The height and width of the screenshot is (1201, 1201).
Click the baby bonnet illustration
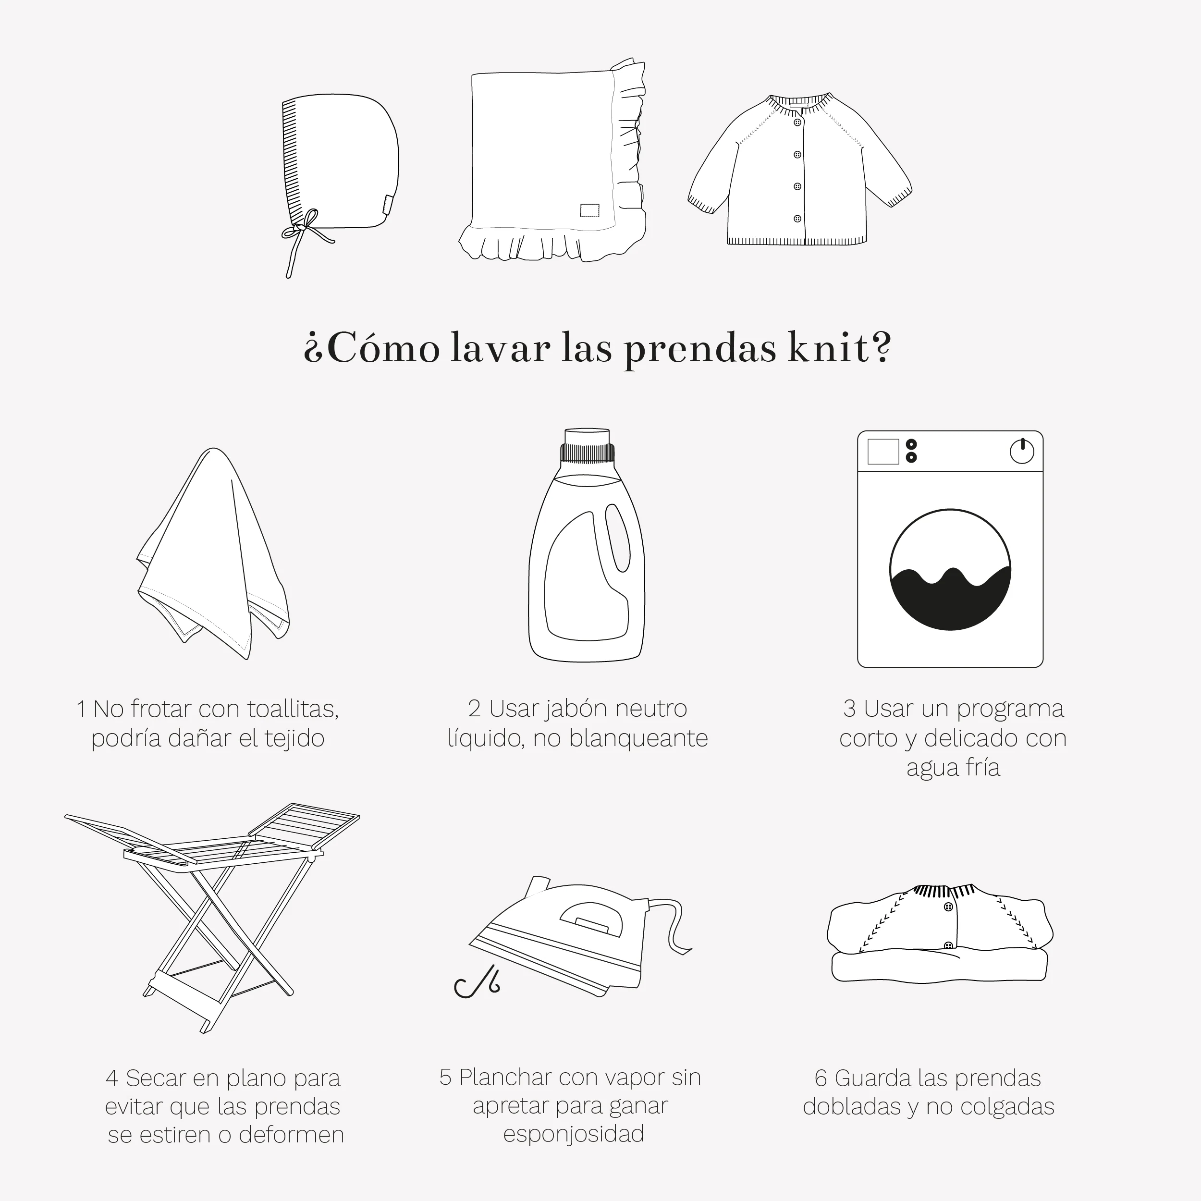pos(339,168)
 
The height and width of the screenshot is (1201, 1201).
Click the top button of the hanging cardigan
pos(797,123)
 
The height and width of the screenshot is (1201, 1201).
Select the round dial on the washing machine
pos(1022,451)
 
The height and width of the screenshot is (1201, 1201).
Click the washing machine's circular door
pos(950,569)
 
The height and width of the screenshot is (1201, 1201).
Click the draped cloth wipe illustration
pos(213,553)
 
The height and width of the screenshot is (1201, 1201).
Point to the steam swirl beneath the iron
pos(476,981)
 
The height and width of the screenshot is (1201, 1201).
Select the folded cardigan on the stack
pos(940,919)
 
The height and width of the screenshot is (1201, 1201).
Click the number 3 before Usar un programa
pos(849,708)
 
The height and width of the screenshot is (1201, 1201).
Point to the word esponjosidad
pos(573,1133)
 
